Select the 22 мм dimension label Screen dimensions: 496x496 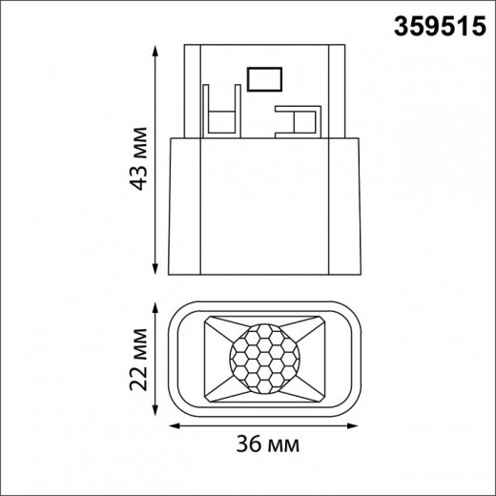(x=141, y=361)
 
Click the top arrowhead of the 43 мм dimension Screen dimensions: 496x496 (x=156, y=46)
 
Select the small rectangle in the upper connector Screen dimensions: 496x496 (x=262, y=78)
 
